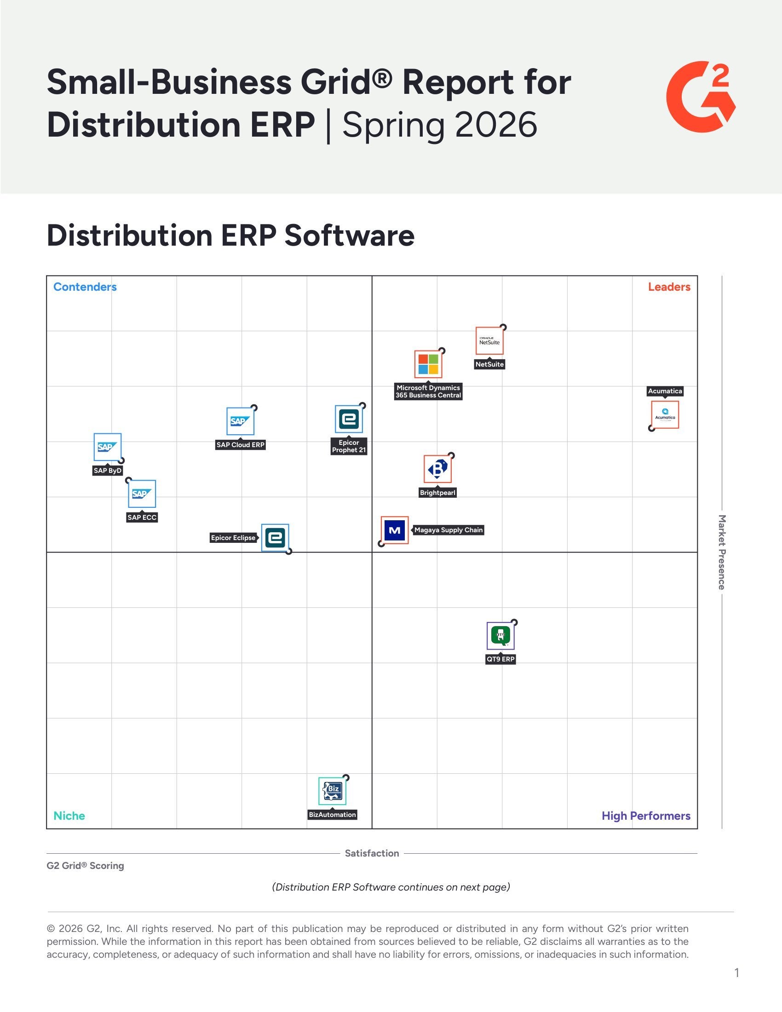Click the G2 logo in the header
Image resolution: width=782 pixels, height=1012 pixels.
point(701,97)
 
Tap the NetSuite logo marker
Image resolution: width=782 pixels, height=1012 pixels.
point(489,341)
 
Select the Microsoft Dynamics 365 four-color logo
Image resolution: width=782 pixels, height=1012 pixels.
point(428,364)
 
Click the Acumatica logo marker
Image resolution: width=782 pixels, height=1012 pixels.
point(665,415)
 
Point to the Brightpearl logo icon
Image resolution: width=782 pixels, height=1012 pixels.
point(437,469)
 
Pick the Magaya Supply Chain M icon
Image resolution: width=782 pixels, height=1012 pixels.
point(395,530)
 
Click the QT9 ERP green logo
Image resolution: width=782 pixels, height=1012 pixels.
point(500,636)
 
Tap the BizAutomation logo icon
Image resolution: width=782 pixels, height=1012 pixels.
point(332,791)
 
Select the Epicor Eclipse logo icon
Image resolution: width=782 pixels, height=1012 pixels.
point(275,537)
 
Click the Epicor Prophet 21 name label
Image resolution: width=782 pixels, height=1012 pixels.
point(349,446)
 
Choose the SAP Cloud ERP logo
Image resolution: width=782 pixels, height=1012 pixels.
point(240,421)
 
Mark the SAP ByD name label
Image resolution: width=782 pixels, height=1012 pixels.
point(108,471)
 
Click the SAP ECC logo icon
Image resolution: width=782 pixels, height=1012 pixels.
point(142,494)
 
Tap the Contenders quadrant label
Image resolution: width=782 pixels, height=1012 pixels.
point(85,287)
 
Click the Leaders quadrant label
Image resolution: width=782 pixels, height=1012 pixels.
point(669,287)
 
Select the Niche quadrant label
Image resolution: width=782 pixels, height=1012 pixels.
point(69,816)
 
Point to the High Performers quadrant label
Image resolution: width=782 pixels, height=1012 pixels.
point(646,816)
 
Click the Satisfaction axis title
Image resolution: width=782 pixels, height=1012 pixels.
point(372,853)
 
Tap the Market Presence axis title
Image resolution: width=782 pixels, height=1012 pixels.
point(721,552)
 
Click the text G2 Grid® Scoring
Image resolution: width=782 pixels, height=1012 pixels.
point(85,866)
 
